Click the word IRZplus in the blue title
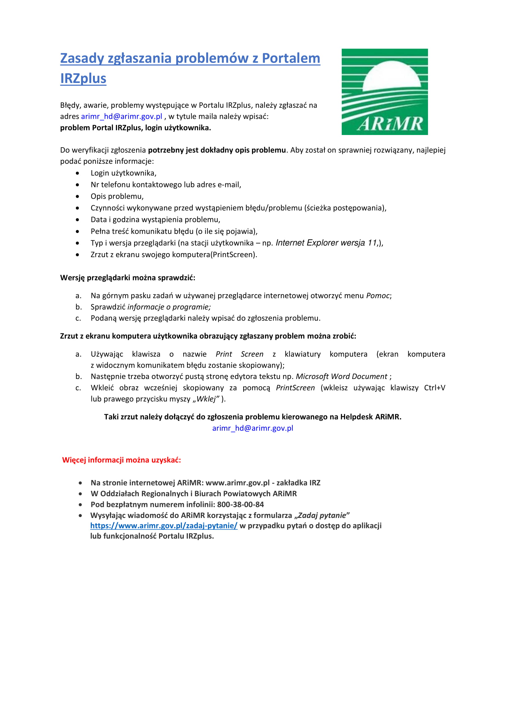click(x=83, y=78)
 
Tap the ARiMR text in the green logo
click(x=390, y=124)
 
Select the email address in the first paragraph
click(x=121, y=116)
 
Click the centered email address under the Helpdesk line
click(x=253, y=428)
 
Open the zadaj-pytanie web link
click(x=164, y=526)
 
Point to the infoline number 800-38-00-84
click(x=240, y=504)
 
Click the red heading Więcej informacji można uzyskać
click(x=121, y=460)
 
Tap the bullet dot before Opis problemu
click(x=77, y=197)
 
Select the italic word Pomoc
click(x=378, y=296)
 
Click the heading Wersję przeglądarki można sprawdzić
click(x=128, y=278)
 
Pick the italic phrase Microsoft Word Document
click(x=341, y=377)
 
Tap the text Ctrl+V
click(x=435, y=388)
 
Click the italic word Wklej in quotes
click(x=206, y=399)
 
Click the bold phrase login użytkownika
click(x=178, y=128)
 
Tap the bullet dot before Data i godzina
click(x=77, y=220)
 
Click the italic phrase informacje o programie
click(x=169, y=307)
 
